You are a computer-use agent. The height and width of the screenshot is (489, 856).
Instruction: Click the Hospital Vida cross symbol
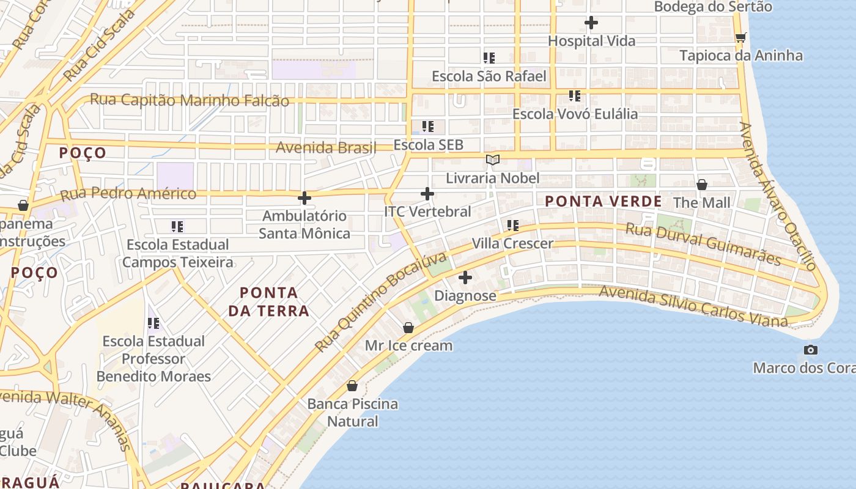tap(591, 23)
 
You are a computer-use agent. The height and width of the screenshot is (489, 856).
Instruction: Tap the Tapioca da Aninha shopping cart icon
tap(740, 38)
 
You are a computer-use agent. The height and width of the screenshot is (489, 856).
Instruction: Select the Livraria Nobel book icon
tap(492, 160)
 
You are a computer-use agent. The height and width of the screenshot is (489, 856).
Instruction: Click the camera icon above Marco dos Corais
tap(811, 350)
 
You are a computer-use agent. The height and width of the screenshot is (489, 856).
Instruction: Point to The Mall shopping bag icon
tap(702, 185)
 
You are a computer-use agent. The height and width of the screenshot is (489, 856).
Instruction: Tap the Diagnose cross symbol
tap(465, 278)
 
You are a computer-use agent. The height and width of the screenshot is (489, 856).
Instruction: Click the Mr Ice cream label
tap(408, 345)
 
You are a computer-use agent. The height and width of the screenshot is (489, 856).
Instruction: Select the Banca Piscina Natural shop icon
tap(352, 386)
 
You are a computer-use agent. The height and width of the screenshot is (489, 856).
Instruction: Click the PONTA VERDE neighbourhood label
tap(603, 201)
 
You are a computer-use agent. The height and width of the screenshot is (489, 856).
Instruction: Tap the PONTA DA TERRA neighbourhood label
tap(268, 302)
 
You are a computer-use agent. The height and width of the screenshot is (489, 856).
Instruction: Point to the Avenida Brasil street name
tap(317, 147)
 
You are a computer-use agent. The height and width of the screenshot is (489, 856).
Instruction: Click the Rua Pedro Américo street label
tap(128, 194)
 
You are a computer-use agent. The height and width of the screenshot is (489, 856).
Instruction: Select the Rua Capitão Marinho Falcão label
tap(190, 100)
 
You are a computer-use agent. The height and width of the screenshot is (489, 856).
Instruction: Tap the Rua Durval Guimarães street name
tap(703, 244)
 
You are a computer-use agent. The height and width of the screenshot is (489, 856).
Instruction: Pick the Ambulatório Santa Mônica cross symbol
tap(304, 198)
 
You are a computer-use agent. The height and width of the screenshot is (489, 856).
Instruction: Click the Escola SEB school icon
tap(428, 127)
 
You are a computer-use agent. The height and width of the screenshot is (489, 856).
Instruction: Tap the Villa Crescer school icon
tap(512, 226)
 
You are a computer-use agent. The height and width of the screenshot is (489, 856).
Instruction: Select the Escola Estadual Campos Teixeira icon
tap(177, 227)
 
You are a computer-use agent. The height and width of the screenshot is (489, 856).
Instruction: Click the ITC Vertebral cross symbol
tap(427, 194)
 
